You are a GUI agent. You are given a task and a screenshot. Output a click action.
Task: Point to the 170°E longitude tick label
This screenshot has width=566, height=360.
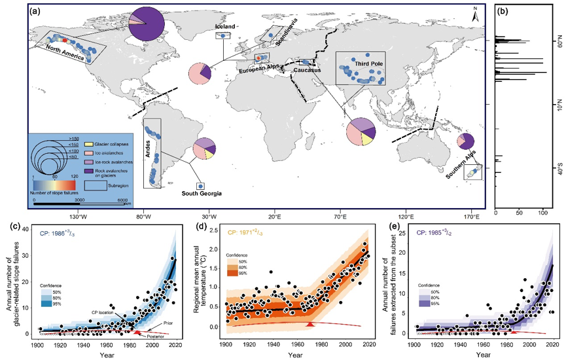(x=471, y=215)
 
